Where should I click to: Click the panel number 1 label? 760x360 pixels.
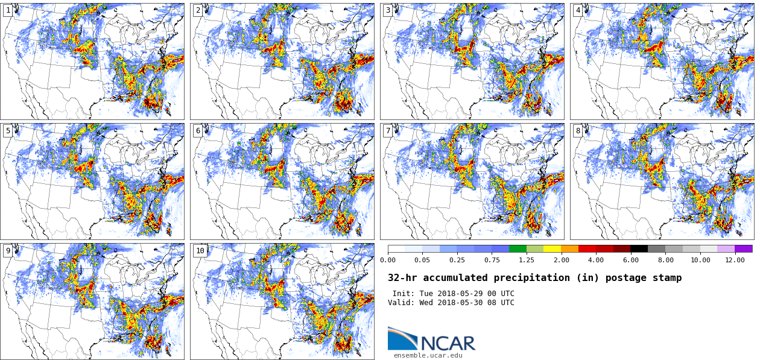pyautogui.click(x=8, y=10)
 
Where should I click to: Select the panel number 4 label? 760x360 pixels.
pyautogui.click(x=578, y=10)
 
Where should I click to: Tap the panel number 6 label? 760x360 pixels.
pyautogui.click(x=198, y=131)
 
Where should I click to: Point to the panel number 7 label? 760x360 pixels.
pyautogui.click(x=388, y=131)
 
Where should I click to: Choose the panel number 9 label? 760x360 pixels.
pyautogui.click(x=8, y=251)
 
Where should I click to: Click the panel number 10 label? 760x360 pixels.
pyautogui.click(x=200, y=251)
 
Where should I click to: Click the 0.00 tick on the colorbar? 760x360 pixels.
pyautogui.click(x=388, y=260)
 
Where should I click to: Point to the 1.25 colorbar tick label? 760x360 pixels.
pyautogui.click(x=527, y=260)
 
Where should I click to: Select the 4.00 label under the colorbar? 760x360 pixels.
pyautogui.click(x=596, y=260)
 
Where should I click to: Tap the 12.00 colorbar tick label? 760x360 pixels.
pyautogui.click(x=735, y=260)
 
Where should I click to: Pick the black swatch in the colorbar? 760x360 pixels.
pyautogui.click(x=639, y=248)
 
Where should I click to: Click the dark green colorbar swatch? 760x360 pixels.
pyautogui.click(x=518, y=248)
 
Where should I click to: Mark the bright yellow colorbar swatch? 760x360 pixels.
pyautogui.click(x=552, y=248)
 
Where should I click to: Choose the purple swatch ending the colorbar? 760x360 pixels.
pyautogui.click(x=744, y=248)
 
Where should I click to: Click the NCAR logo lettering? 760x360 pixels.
pyautogui.click(x=448, y=343)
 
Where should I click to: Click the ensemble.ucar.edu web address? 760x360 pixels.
pyautogui.click(x=428, y=355)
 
